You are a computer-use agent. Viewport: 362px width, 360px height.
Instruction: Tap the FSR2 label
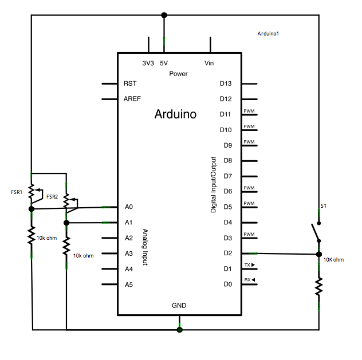(x=52, y=197)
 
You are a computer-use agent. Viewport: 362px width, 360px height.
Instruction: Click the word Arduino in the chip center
(x=175, y=114)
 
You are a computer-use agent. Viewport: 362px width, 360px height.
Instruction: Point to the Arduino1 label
(x=269, y=34)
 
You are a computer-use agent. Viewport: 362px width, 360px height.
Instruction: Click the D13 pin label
(x=226, y=84)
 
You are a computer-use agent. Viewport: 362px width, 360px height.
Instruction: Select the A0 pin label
(x=129, y=207)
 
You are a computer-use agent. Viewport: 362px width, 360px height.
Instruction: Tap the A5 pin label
(x=129, y=284)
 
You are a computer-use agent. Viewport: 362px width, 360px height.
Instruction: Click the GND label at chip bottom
(x=179, y=306)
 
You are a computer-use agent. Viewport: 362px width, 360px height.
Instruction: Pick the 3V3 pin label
(x=148, y=64)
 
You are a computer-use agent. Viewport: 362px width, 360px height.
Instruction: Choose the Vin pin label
(x=209, y=64)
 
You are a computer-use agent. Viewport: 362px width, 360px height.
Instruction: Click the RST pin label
(x=130, y=84)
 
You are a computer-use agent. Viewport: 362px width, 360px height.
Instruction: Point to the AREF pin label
(x=132, y=99)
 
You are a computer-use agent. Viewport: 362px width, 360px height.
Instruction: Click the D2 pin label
(x=227, y=253)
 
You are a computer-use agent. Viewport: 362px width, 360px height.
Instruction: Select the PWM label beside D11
(x=249, y=111)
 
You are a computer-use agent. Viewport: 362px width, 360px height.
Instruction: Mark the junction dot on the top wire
(x=164, y=15)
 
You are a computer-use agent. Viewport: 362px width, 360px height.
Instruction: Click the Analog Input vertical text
(x=144, y=246)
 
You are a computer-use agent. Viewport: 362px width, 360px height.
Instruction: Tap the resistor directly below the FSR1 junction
(x=32, y=235)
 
